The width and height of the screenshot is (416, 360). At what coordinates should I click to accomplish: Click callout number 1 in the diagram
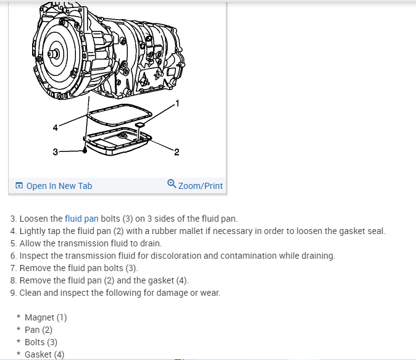(178, 102)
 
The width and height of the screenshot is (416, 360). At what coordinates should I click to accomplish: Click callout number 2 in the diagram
(177, 153)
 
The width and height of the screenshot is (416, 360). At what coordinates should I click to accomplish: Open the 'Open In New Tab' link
(59, 186)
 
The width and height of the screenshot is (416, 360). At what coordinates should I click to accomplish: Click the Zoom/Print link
(200, 186)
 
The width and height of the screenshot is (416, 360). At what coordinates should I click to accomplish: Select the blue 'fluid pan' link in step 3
(81, 219)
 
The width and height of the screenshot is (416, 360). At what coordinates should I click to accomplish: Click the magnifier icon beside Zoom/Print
(172, 185)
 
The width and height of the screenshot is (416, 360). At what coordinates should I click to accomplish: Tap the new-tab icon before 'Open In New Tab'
(19, 186)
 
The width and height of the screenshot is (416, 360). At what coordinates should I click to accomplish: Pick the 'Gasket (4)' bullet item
(44, 354)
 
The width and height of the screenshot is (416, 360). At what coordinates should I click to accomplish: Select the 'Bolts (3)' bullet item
(41, 342)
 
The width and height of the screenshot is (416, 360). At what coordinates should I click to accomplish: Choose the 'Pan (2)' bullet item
(38, 330)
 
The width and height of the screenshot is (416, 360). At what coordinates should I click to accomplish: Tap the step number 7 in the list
(13, 268)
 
